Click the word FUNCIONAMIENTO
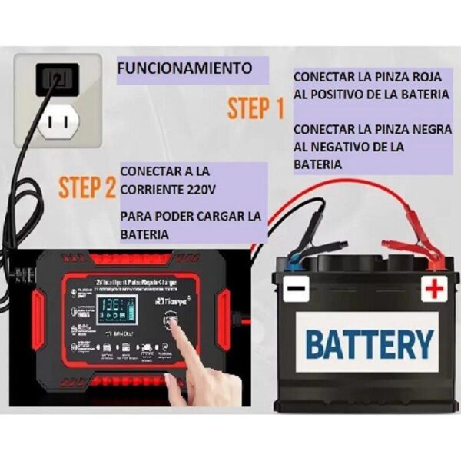[x=184, y=68]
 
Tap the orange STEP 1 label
[x=256, y=109]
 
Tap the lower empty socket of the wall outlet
[x=58, y=120]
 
